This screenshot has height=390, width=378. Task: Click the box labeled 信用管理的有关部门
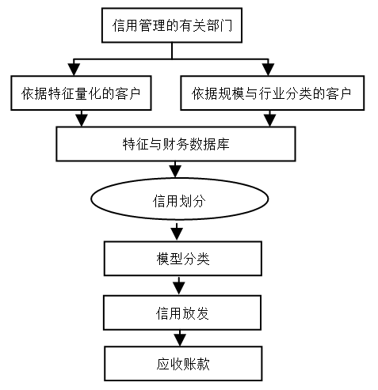pos(172,25)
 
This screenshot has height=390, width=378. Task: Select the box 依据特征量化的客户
pos(81,93)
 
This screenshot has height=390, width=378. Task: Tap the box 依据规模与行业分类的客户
pos(272,93)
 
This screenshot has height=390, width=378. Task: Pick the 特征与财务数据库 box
pos(176,144)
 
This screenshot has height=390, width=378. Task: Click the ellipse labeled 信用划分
pos(180,199)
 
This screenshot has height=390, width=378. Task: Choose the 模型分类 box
pos(183,259)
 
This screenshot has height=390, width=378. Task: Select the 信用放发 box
pos(182,312)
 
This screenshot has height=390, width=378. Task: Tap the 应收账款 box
pos(183,364)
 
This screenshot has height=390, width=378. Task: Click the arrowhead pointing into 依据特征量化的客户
pos(74,70)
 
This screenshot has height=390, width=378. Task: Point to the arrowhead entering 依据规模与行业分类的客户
pos(268,70)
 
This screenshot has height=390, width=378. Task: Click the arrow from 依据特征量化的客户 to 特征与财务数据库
pos(82,119)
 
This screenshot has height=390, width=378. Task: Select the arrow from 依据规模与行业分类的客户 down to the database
pos(269,119)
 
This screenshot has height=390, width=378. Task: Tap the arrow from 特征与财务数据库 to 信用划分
pos(175,169)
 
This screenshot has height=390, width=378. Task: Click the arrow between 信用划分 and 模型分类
pos(177,232)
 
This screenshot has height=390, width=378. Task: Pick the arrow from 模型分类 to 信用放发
pos(179,286)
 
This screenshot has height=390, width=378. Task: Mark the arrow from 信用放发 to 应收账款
pos(180,338)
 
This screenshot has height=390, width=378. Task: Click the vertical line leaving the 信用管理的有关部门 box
pos(172,51)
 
